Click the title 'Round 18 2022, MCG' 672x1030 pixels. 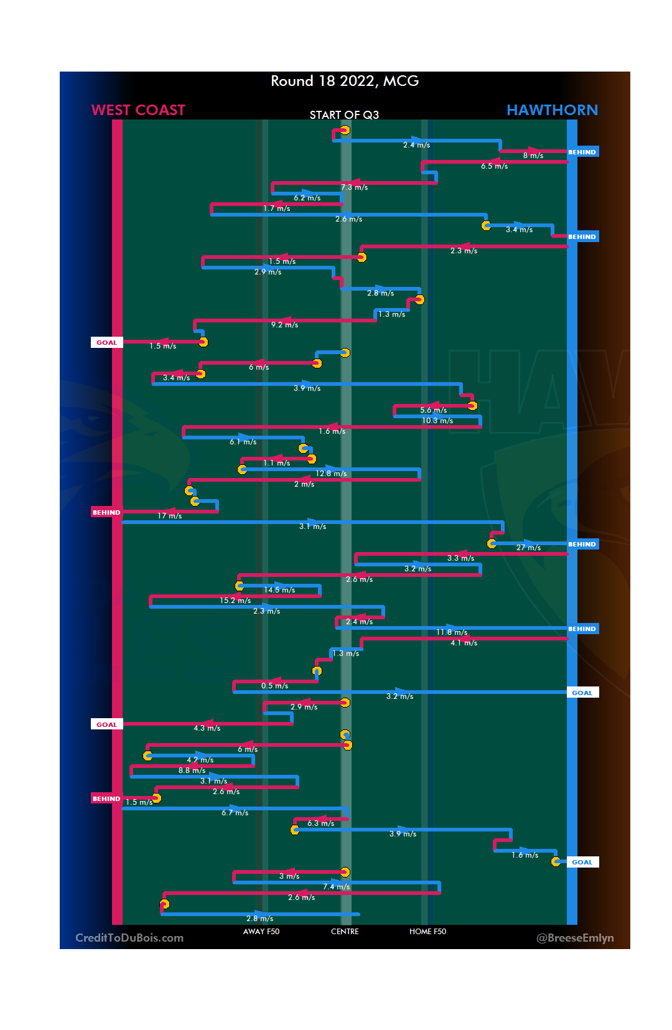[345, 81]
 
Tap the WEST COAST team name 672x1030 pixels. [138, 110]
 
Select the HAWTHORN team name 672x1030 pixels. [552, 110]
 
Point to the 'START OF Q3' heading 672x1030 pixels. [344, 115]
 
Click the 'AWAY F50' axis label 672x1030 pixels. [261, 932]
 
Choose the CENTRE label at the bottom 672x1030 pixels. [345, 932]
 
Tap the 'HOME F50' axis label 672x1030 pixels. [427, 932]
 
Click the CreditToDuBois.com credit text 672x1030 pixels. [129, 938]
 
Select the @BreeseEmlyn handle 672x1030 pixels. [575, 938]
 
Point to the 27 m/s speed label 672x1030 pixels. [528, 548]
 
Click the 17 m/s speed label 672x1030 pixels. [169, 516]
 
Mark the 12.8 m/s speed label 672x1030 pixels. [331, 474]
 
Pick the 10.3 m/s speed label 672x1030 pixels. [437, 421]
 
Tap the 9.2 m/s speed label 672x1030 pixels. [284, 325]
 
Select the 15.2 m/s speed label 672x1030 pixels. [235, 601]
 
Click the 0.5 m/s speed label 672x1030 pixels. [274, 686]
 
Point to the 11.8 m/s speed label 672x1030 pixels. [452, 632]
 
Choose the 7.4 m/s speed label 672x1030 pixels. [336, 887]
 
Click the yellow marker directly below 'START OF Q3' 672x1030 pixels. [345, 130]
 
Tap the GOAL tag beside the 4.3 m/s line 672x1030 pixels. [106, 724]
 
